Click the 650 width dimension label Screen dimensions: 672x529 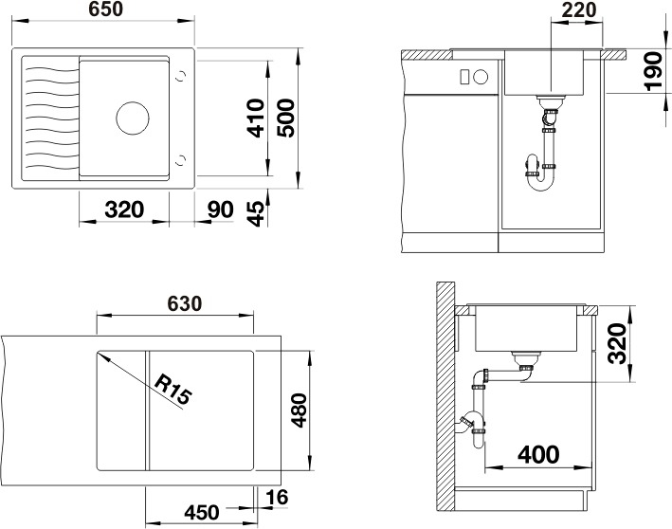pos(106,9)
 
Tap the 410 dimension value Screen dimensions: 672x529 pos(256,118)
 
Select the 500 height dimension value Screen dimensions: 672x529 pos(286,118)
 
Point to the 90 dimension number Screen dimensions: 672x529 pos(220,210)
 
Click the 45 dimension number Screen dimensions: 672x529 pos(256,213)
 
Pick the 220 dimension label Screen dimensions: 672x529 pos(578,10)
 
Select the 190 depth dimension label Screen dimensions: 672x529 pos(654,71)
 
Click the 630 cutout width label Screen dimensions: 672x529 pos(184,303)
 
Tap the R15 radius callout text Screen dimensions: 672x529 pos(172,390)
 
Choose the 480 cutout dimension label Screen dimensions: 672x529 pos(299,410)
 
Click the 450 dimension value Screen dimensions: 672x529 pos(202,512)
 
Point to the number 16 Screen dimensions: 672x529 pos(277,498)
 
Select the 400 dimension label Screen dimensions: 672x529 pos(538,454)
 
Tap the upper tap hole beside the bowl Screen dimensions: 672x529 pos(182,76)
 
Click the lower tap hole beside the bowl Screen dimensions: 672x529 pos(182,160)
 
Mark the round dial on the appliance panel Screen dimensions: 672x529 pos(481,77)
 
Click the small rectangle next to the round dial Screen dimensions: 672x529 pos(464,77)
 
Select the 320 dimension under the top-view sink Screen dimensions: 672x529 pos(124,210)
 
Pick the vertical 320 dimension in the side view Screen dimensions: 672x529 pos(618,344)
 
